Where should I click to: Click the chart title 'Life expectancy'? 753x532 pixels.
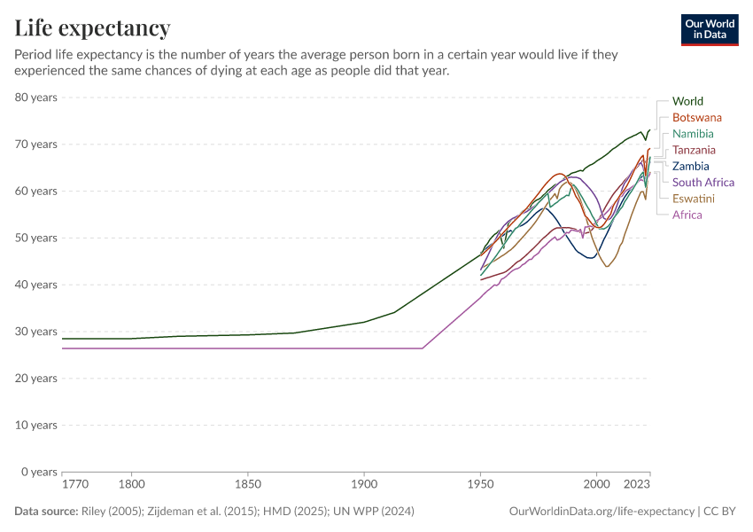tap(92, 28)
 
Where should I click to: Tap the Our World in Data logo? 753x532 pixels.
tap(710, 29)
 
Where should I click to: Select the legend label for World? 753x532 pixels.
tap(687, 101)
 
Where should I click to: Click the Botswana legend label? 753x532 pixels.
tap(696, 118)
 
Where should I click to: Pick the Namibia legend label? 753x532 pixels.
tap(693, 134)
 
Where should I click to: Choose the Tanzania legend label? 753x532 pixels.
tap(694, 150)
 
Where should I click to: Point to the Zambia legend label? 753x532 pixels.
tap(690, 166)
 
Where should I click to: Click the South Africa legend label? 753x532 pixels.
tap(703, 183)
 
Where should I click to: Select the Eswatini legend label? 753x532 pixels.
tap(693, 199)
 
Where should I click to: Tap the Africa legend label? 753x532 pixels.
tap(687, 215)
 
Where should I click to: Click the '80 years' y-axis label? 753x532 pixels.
tap(36, 97)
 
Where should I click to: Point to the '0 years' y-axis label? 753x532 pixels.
tap(39, 472)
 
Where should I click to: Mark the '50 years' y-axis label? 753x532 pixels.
tap(36, 238)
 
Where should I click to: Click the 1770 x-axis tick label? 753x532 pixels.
tap(74, 486)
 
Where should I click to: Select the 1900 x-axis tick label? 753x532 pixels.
tap(363, 486)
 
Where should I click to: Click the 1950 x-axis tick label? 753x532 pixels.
tap(480, 486)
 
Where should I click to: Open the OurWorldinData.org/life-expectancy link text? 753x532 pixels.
tap(602, 512)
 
